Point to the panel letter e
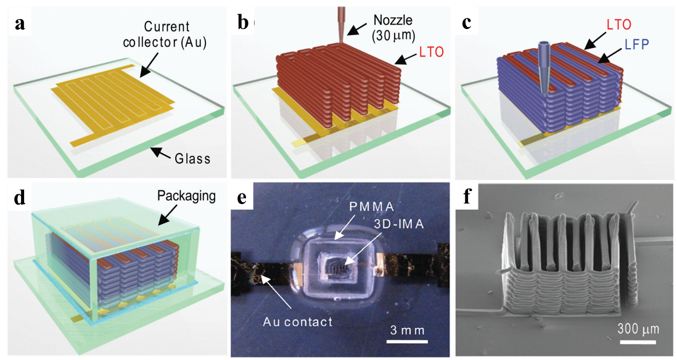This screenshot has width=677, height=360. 242,197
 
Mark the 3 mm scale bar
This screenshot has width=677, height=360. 408,340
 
